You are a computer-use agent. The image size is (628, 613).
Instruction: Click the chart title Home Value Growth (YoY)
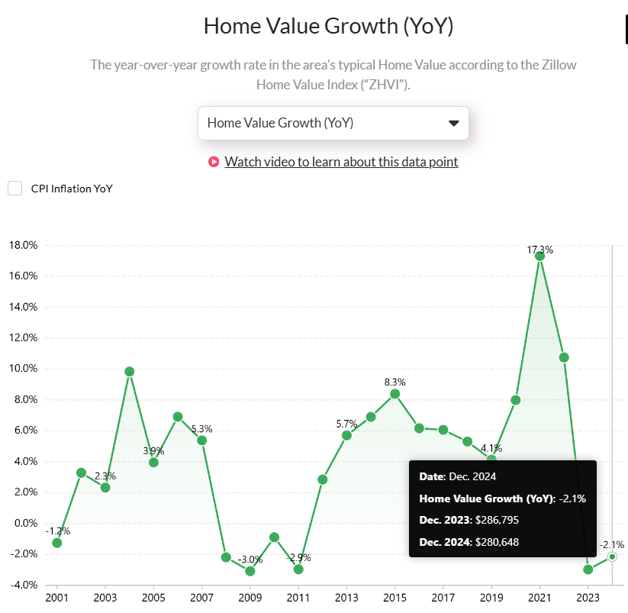click(328, 26)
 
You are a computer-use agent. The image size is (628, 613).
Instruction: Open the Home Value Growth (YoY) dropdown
click(333, 123)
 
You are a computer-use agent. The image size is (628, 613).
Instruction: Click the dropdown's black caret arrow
click(453, 123)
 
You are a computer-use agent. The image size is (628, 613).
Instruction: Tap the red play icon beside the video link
click(214, 162)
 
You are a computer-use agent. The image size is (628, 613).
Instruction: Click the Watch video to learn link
click(341, 162)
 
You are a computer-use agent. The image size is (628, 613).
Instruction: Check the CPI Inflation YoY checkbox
click(15, 189)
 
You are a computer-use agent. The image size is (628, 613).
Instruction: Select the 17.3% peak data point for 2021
click(539, 256)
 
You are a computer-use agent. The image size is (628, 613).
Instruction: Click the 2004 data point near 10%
click(129, 372)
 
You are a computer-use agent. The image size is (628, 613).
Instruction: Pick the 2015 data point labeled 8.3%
click(395, 394)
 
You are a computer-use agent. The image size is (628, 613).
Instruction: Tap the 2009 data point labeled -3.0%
click(250, 571)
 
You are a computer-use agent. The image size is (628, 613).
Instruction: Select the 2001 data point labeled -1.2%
click(56, 543)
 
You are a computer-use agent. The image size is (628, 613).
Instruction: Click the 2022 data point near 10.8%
click(564, 357)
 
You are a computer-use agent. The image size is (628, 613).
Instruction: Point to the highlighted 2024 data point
click(612, 557)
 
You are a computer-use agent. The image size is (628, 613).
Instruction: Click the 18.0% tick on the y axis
click(21, 246)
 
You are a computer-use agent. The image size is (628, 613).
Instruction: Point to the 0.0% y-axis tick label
click(23, 523)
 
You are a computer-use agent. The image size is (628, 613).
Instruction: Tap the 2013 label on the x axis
click(346, 597)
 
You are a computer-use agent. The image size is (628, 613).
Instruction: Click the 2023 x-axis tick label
click(588, 597)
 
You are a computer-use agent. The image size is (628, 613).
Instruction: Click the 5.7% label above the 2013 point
click(346, 424)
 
